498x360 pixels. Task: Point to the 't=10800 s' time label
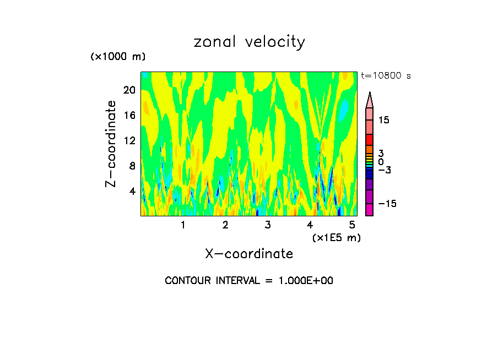386,76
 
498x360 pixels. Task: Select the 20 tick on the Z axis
128,90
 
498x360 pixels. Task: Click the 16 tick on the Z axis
128,116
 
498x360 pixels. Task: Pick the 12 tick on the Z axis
128,141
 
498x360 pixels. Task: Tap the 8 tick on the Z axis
131,166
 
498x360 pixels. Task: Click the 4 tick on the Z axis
131,192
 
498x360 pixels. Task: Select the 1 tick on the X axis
183,225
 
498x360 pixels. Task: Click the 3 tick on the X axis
268,225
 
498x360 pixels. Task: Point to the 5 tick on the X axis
353,225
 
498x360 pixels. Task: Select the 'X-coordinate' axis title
249,254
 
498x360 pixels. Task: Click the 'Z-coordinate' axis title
111,144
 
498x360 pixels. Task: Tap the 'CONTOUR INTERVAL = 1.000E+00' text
249,281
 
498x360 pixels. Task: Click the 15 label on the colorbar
383,120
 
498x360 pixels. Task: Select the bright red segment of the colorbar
370,140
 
